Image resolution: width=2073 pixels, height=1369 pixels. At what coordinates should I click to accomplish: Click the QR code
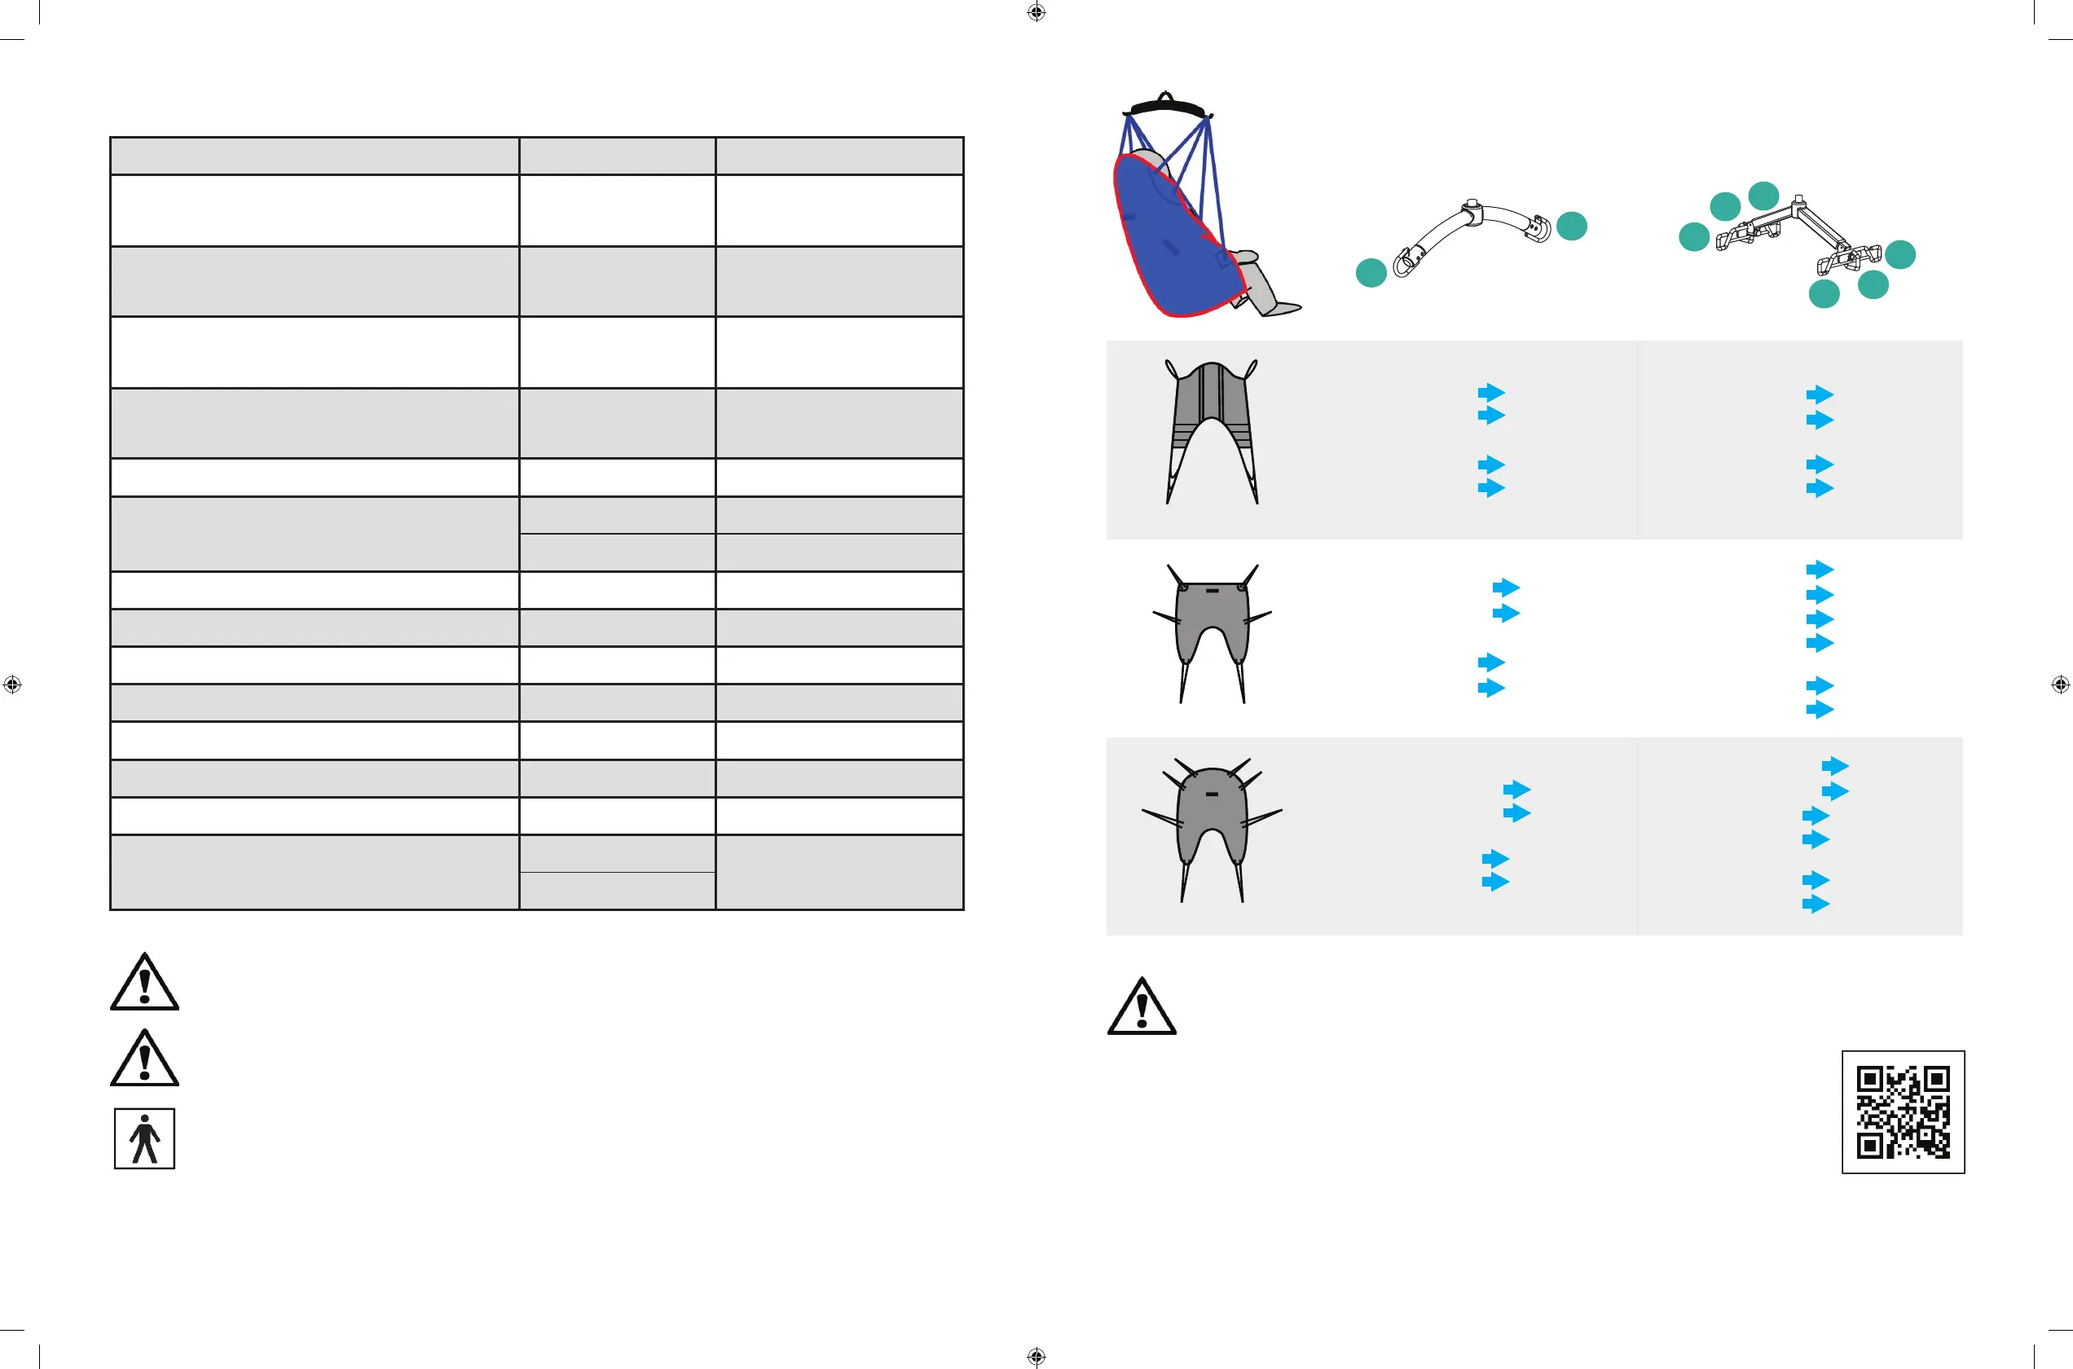1903,1111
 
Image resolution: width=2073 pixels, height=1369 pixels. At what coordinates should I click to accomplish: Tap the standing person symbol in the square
145,1138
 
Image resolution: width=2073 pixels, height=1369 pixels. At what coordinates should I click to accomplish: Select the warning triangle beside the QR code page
1142,1010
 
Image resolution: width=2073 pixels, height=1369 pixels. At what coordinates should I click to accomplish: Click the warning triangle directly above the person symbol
145,1060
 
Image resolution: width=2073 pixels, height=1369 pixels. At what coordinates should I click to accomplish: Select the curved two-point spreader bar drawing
1472,233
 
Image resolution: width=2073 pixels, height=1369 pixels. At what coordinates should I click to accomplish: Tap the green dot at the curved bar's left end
1371,272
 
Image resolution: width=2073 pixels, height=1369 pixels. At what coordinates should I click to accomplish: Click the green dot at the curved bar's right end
1572,227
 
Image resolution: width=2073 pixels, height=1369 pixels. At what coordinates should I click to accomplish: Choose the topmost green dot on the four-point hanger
1764,196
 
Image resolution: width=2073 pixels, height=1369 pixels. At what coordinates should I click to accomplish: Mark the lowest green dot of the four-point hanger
1824,293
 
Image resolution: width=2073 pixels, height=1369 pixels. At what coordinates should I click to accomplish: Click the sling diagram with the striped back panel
1212,431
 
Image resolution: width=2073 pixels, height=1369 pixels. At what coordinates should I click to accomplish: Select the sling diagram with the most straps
1212,830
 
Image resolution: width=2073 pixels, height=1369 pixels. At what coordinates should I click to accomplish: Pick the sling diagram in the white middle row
1212,633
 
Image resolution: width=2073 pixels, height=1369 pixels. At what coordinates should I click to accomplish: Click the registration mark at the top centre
1036,12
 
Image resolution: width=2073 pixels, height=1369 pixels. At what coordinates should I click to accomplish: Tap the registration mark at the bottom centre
1036,1356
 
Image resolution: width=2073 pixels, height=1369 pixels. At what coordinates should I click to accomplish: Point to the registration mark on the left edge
12,684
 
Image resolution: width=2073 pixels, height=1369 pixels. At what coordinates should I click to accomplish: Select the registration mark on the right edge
2060,684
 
